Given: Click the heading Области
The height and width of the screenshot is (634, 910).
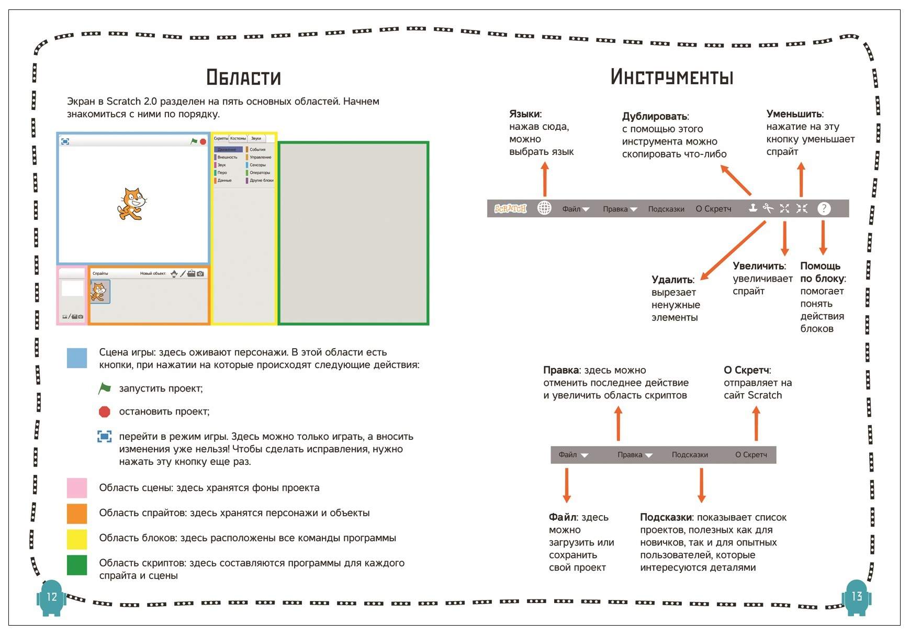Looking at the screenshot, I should coord(243,77).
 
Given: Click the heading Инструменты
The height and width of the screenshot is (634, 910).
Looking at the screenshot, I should coord(671,77).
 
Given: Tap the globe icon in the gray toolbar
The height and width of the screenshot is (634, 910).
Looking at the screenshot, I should coord(544,208).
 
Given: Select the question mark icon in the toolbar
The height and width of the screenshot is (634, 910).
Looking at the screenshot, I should coord(824,208).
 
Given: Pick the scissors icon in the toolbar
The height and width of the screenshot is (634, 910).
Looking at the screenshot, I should coord(768,208).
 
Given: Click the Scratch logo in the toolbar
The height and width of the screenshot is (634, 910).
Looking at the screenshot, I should coord(510,208).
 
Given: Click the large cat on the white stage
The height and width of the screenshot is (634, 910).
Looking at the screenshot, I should coord(131,204).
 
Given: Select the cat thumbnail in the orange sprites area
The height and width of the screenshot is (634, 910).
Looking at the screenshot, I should coord(99,292).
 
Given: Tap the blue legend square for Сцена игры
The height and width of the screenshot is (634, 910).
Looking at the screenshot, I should coord(77,358).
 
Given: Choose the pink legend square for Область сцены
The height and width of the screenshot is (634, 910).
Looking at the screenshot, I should coord(77,487).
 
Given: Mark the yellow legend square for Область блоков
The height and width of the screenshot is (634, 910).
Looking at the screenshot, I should coord(77,539).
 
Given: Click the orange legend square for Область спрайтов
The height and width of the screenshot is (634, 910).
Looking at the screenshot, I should coord(77,513).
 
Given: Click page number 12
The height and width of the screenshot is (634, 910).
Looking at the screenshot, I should coord(52,597).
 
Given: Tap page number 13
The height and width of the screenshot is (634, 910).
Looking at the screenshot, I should coord(857,596).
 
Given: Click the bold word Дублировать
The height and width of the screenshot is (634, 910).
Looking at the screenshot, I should coord(654,116).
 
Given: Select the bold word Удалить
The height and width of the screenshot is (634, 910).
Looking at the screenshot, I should coord(672,280).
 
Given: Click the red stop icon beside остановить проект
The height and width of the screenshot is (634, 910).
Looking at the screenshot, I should coord(105,412).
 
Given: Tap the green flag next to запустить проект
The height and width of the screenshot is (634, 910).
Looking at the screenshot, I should coord(105,388).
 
